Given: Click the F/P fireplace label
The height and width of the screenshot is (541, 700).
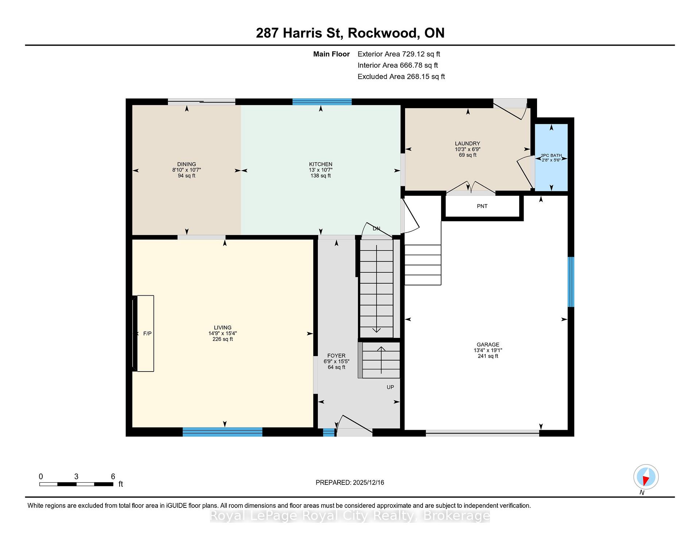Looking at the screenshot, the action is coord(147,334).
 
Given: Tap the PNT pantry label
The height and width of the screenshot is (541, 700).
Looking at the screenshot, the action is coord(482,206).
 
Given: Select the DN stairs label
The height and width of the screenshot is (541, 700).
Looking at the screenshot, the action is coord(376,229).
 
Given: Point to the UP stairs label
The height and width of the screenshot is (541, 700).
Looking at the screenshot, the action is coord(390,387).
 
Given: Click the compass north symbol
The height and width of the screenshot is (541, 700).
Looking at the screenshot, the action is coord(646,477).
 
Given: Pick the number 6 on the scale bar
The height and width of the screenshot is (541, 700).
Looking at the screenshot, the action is coord(113,476).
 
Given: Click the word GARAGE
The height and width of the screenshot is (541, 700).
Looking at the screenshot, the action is coord(488,345).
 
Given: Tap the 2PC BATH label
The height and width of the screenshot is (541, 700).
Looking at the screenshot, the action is coord(551,155).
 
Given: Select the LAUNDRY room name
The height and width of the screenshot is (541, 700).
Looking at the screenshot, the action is coord(467,144).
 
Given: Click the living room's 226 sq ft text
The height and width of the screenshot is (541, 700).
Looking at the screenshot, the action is coord(222,339).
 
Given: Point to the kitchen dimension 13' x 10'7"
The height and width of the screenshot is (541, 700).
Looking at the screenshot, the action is coord(320,170).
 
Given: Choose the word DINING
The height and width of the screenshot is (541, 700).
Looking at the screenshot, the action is coord(186,164).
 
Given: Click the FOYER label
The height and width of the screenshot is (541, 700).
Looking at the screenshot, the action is coord(336,356).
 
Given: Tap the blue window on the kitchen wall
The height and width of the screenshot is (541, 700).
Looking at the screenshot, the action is coord(322,102).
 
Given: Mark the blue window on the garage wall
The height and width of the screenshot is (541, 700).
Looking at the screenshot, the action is coord(571,282).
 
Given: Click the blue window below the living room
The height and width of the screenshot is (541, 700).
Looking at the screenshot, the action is coord(222,432).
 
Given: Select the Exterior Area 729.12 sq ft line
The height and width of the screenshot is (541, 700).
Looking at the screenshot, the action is coord(399,54).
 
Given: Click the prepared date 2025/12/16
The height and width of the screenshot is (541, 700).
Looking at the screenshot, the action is coord(368,483).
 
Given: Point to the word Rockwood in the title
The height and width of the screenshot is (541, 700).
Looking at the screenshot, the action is coord(382,33).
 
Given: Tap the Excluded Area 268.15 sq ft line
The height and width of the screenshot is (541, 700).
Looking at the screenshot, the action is coord(401,77).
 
